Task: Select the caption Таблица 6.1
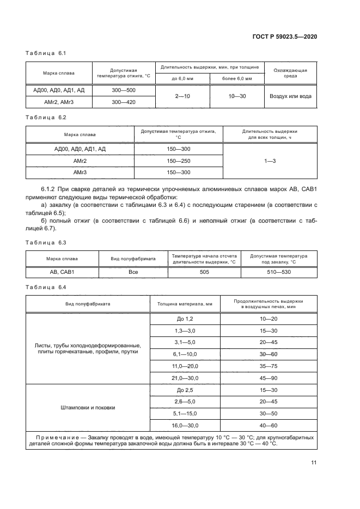[x=46, y=53]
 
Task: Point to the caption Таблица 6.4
[x=46, y=286]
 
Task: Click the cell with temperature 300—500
[x=124, y=90]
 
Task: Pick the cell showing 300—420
[x=124, y=102]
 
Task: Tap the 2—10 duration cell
[x=182, y=96]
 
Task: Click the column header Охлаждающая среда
[x=290, y=73]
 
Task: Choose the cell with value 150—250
[x=179, y=161]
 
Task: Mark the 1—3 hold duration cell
[x=270, y=161]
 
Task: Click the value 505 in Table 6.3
[x=204, y=272]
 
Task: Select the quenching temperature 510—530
[x=278, y=272]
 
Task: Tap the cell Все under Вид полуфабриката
[x=133, y=272]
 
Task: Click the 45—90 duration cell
[x=269, y=377]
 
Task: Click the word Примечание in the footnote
[x=58, y=437]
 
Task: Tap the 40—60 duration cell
[x=269, y=425]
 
